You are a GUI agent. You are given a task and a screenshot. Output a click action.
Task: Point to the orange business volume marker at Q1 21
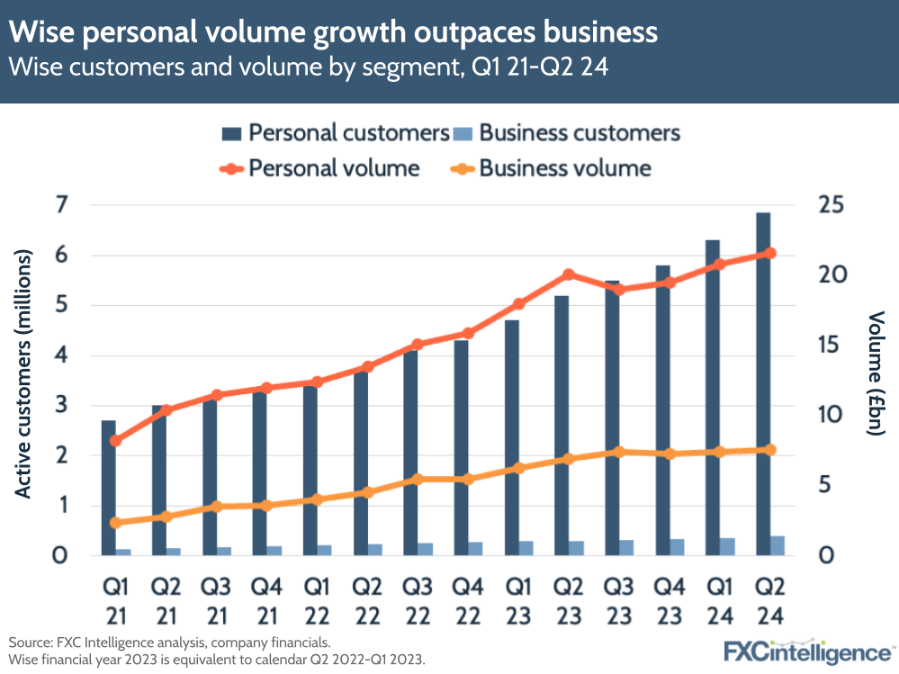pos(115,523)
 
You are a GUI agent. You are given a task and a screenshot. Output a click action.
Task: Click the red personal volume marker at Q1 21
pos(115,441)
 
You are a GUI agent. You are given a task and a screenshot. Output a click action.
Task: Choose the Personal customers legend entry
pos(337,133)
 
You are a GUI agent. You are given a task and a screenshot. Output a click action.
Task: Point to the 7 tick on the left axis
pos(62,205)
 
